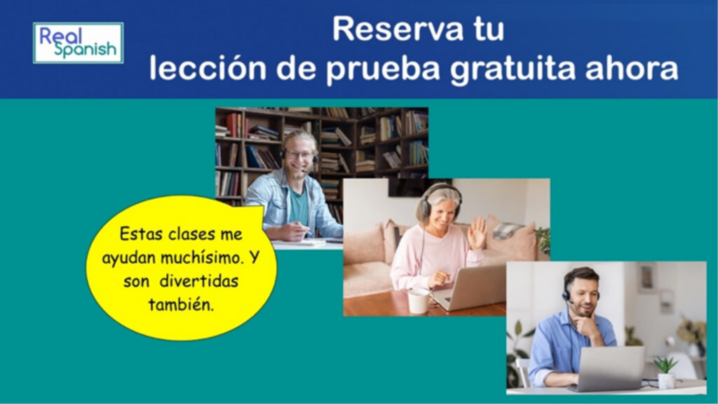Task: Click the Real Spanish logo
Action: (79, 43)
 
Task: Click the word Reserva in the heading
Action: (398, 29)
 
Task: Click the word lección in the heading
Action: (208, 68)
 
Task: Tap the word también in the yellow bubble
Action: (181, 304)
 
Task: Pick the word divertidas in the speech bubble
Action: (199, 281)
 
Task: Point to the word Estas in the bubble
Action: (142, 234)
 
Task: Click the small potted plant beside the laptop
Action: (666, 372)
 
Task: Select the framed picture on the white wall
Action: (646, 278)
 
